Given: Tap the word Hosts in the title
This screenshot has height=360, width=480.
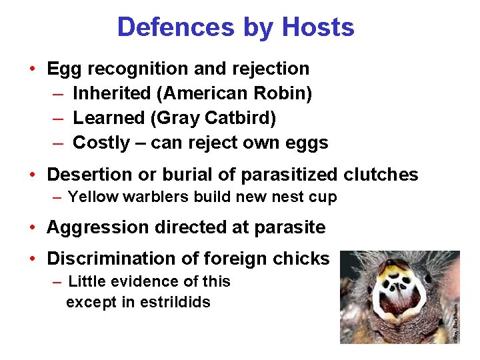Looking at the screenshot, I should click(x=318, y=27).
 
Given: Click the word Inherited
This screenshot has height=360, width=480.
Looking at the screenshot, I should click(x=109, y=94).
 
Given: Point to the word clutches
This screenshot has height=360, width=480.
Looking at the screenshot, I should click(x=381, y=175).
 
